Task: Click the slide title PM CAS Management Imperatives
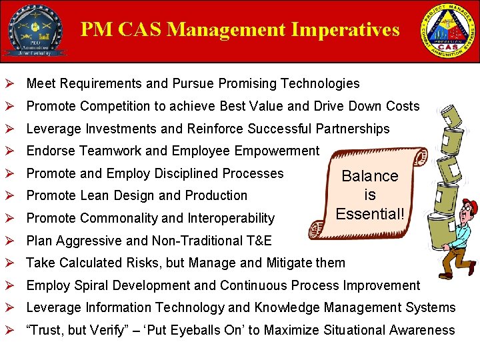[240, 30]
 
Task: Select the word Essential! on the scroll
[370, 213]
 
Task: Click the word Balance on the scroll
[370, 176]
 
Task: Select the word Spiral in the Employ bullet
[90, 285]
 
